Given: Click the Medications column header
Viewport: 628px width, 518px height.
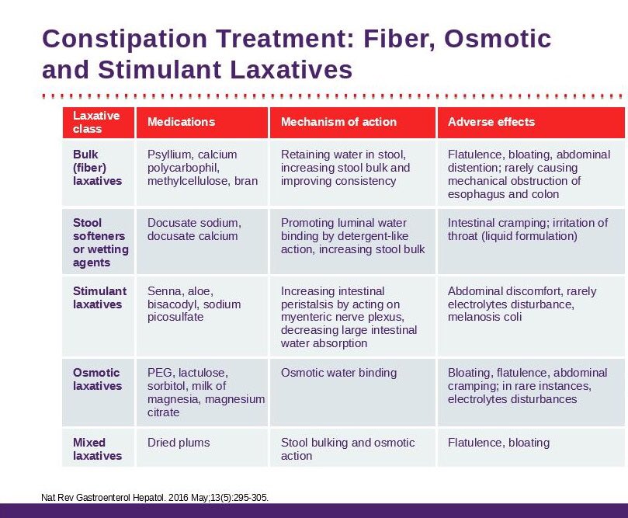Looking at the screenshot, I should [x=181, y=122].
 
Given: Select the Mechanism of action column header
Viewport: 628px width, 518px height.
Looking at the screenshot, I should [x=338, y=122].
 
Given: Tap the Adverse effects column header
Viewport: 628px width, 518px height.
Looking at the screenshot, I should [x=491, y=122].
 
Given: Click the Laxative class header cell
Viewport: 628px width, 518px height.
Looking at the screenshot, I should [x=96, y=122].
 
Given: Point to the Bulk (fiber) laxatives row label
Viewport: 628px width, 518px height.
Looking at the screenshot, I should [x=97, y=168].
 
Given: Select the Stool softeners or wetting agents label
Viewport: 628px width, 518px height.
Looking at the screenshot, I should [x=100, y=242].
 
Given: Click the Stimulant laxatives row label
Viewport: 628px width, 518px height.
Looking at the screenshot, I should [x=99, y=297].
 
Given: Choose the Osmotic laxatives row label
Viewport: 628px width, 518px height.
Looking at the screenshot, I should [x=97, y=379].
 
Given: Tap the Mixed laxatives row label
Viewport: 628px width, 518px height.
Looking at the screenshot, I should [x=97, y=449].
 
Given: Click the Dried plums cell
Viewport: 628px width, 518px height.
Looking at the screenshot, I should [x=179, y=443].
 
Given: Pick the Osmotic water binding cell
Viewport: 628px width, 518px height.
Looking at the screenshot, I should [x=338, y=373].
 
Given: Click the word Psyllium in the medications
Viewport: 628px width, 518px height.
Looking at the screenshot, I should [x=170, y=155].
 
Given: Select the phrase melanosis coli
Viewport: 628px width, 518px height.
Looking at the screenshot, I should [x=485, y=317].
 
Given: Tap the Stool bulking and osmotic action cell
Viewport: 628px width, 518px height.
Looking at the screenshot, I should [x=347, y=449].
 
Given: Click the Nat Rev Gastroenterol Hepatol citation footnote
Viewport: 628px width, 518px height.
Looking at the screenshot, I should [x=154, y=497].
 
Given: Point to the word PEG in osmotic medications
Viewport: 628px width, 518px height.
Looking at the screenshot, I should [x=160, y=373].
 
